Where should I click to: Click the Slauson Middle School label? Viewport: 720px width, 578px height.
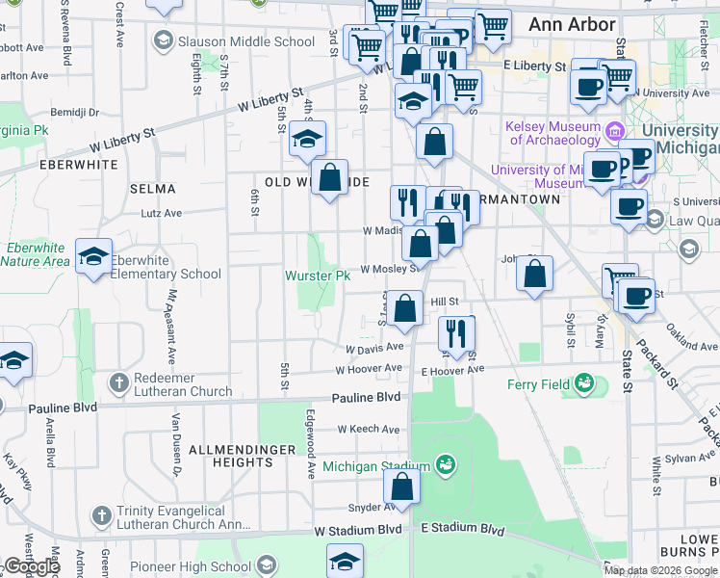coord(246,41)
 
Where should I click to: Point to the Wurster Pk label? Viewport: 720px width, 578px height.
coord(318,276)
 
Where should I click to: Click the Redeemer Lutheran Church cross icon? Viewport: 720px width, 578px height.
coord(119,383)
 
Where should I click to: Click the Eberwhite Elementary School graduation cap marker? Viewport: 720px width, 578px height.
coord(94,257)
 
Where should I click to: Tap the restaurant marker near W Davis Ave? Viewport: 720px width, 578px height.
coord(455,333)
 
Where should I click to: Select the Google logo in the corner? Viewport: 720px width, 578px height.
coord(32,566)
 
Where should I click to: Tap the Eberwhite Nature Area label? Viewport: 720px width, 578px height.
coord(36,254)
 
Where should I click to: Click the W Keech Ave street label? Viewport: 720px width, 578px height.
coord(368,429)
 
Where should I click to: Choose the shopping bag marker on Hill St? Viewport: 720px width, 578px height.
coord(407,309)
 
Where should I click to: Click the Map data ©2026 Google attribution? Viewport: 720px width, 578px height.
coord(660,570)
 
